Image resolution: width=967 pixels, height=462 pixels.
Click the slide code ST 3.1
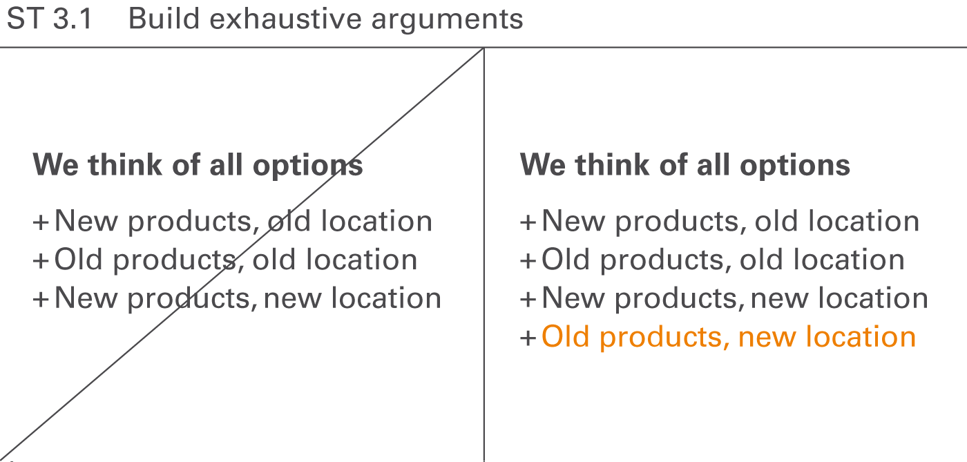[49, 19]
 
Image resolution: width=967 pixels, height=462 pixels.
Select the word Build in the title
[164, 19]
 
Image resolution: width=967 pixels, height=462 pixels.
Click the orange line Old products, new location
[728, 337]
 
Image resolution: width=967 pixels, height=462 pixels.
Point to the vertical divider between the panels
[483, 276]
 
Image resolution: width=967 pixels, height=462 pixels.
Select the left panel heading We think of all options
[198, 165]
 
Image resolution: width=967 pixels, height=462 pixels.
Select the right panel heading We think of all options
[684, 165]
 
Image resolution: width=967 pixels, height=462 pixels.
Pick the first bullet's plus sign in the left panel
[41, 222]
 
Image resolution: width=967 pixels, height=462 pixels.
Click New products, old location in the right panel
[730, 222]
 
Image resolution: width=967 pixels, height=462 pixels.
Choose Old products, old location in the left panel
[236, 260]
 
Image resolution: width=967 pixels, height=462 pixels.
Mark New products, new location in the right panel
[734, 298]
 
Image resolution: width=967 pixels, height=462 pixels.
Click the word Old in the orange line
[566, 337]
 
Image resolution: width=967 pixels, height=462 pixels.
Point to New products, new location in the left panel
[247, 298]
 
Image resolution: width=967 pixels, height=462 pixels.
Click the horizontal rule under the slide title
[242, 48]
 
